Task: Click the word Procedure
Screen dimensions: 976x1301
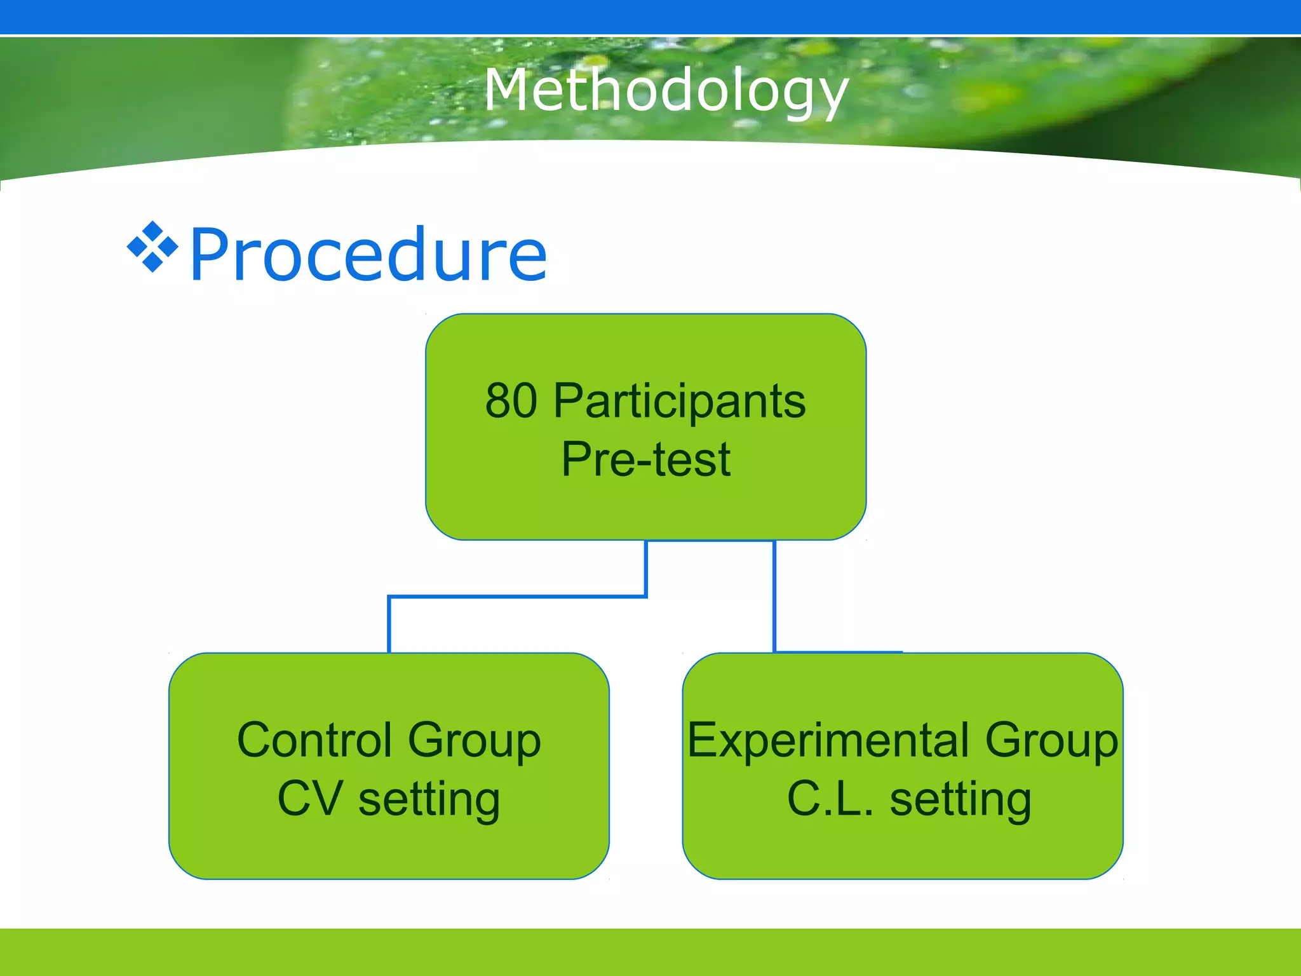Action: [x=368, y=255]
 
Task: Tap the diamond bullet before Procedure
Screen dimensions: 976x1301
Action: [x=152, y=247]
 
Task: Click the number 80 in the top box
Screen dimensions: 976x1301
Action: [x=511, y=401]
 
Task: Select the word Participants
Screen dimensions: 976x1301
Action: [x=679, y=402]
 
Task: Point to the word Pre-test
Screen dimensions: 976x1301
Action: [x=645, y=459]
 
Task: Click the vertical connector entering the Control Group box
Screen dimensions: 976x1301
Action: [x=389, y=625]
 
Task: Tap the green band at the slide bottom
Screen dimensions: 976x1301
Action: [x=650, y=952]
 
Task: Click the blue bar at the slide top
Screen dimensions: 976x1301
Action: [x=650, y=17]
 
